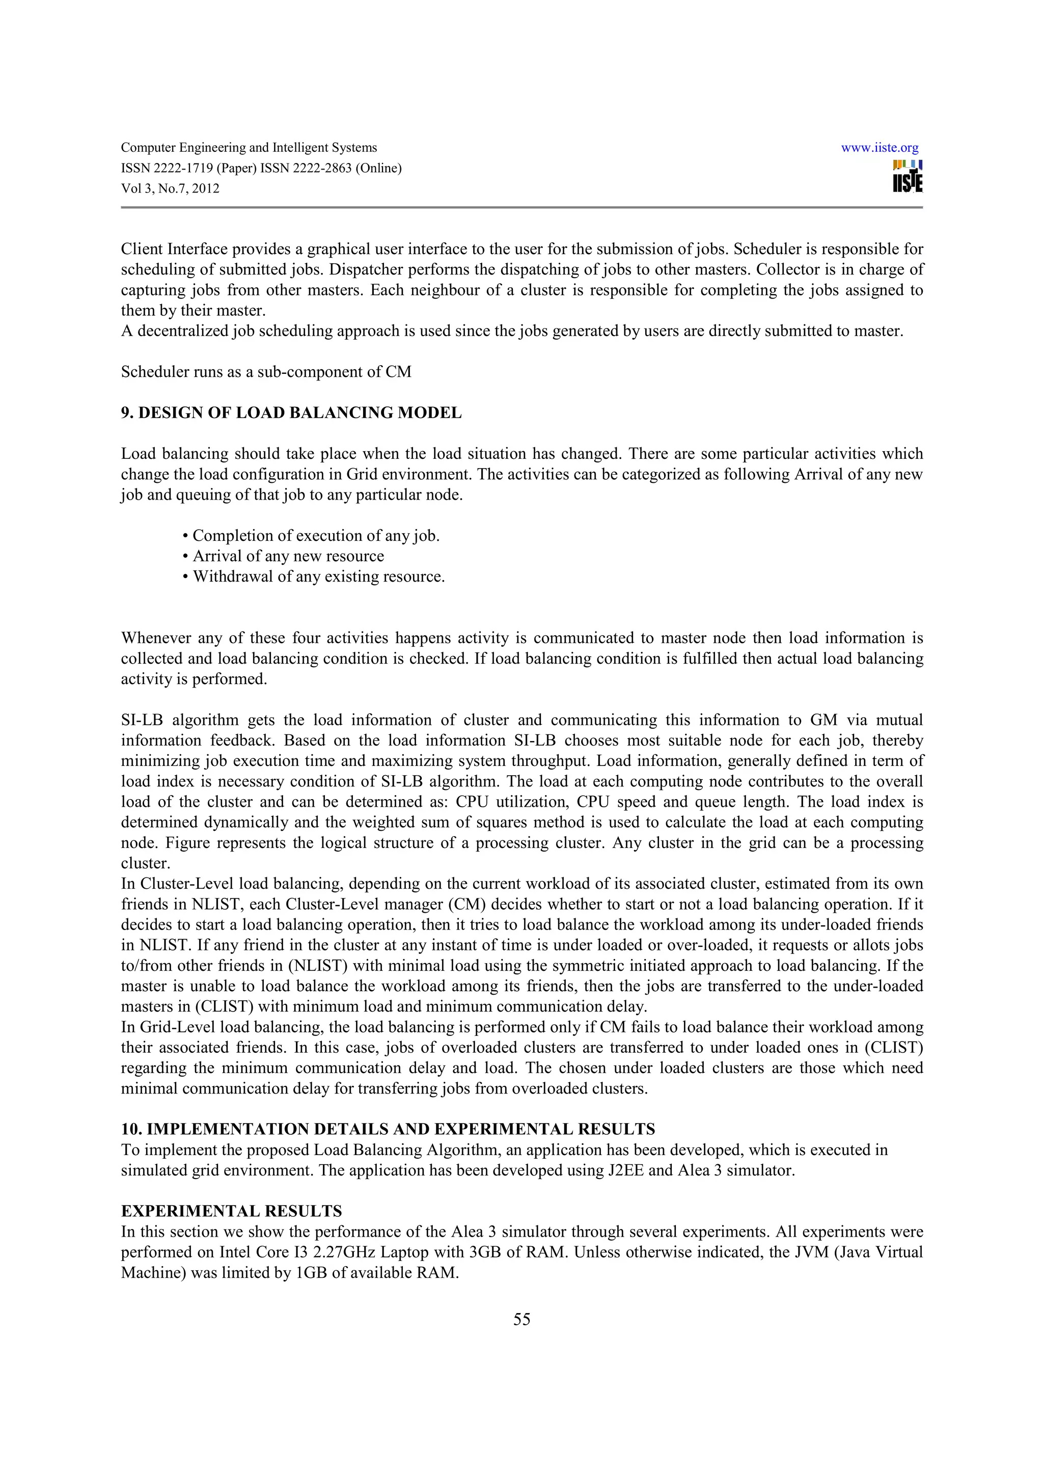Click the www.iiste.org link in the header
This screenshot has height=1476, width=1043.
879,148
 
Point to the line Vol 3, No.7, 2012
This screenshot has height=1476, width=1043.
170,189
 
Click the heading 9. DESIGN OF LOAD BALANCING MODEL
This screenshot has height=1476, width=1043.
291,413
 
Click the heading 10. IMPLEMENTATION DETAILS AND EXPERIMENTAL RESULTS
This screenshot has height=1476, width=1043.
388,1130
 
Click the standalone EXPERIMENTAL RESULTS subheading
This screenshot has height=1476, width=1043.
231,1211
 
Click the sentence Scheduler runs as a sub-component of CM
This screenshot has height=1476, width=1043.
266,372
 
